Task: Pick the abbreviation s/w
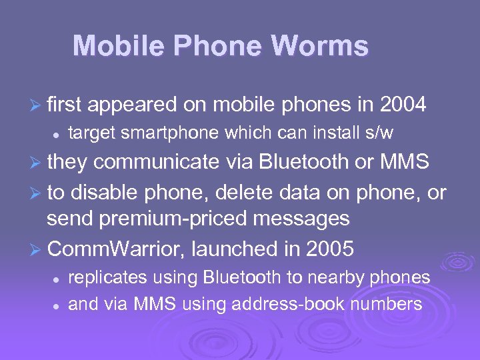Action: [377, 133]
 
